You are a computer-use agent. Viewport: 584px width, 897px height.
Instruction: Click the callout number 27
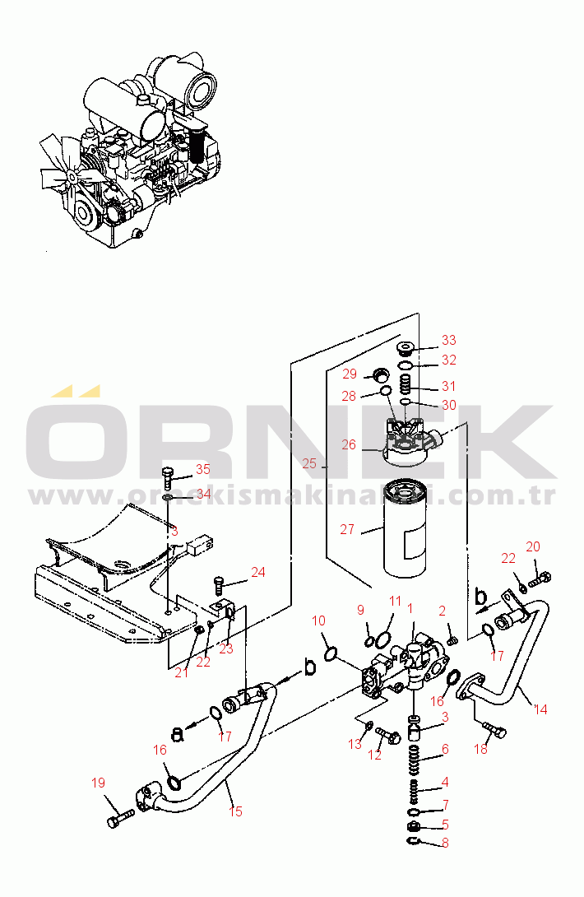pyautogui.click(x=349, y=531)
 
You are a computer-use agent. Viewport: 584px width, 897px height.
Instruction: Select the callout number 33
pyautogui.click(x=448, y=340)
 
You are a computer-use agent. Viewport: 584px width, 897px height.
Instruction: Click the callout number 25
pyautogui.click(x=308, y=464)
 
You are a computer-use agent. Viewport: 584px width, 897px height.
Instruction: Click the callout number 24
pyautogui.click(x=258, y=572)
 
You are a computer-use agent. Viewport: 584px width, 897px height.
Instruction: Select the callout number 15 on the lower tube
pyautogui.click(x=236, y=811)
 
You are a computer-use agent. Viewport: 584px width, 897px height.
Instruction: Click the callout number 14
pyautogui.click(x=540, y=709)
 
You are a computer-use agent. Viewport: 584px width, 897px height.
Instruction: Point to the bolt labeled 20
pyautogui.click(x=540, y=581)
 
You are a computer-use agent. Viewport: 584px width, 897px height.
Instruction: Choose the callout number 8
pyautogui.click(x=445, y=842)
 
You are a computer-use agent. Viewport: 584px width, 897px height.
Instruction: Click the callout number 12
pyautogui.click(x=375, y=755)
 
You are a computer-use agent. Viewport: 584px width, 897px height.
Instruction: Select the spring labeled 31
pyautogui.click(x=405, y=383)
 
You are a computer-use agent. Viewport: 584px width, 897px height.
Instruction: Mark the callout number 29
pyautogui.click(x=350, y=374)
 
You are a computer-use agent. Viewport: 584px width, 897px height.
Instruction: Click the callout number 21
pyautogui.click(x=182, y=672)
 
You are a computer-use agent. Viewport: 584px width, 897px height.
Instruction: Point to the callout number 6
pyautogui.click(x=445, y=749)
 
